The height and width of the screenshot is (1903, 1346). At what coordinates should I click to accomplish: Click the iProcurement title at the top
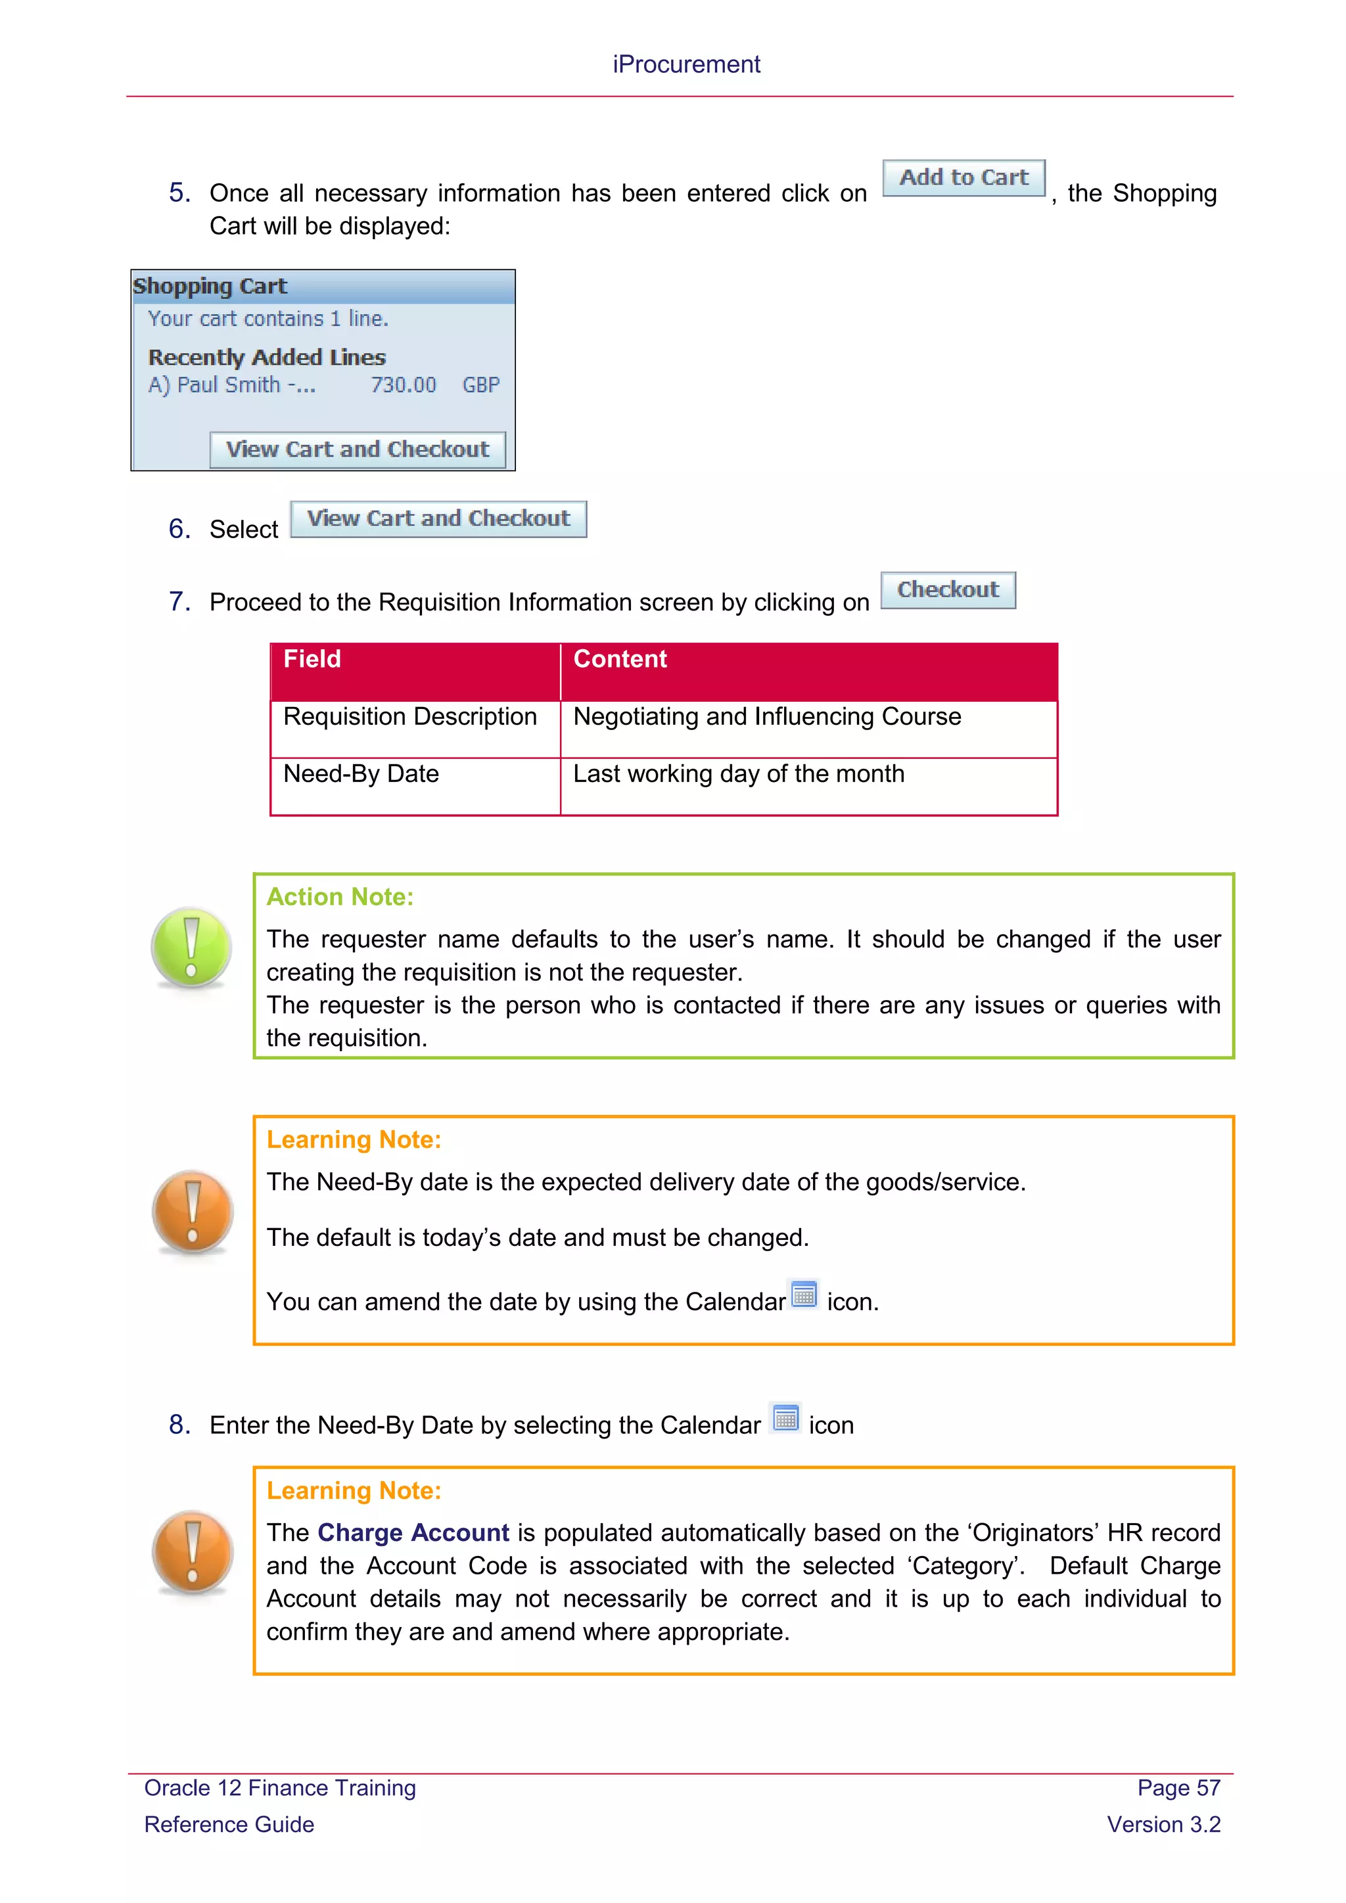685,64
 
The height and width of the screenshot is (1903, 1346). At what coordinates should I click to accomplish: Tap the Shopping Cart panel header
323,287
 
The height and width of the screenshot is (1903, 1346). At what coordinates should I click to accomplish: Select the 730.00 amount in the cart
403,386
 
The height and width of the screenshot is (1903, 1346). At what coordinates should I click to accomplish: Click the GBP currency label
480,386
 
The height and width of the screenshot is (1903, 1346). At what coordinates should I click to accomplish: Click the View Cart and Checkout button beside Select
438,519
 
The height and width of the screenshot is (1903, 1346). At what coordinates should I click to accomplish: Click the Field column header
312,660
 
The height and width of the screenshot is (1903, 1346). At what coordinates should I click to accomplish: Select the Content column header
620,660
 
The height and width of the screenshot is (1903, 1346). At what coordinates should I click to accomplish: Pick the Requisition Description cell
409,717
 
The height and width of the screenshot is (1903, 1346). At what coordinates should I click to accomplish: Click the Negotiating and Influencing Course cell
767,717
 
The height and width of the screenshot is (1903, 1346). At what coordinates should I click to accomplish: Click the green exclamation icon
191,948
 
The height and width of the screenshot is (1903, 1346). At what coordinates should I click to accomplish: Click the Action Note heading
340,898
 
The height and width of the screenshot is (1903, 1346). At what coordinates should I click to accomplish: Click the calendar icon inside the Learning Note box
803,1295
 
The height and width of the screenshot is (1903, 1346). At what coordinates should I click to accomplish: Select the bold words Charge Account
413,1533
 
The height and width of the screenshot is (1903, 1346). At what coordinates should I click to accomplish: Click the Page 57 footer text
1178,1789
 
